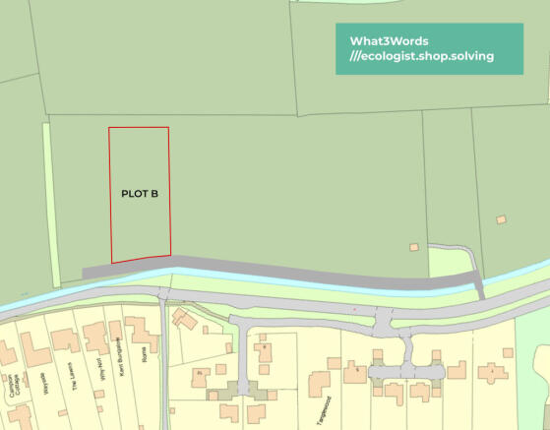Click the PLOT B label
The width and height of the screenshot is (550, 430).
(140, 194)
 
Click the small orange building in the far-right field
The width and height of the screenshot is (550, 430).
(501, 218)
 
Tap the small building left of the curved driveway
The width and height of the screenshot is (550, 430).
(414, 245)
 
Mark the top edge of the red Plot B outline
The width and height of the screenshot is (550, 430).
(138, 128)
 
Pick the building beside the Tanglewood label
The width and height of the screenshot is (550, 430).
(323, 385)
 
